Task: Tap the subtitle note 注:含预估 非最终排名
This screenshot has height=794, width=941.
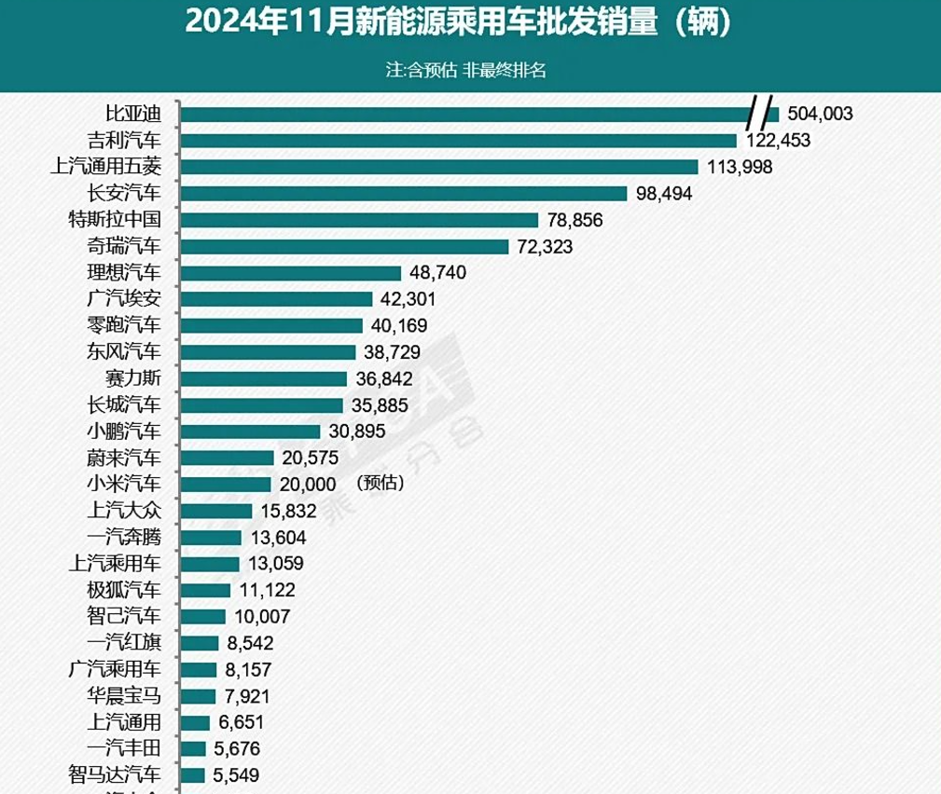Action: click(465, 71)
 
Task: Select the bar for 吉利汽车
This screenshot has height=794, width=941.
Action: click(458, 141)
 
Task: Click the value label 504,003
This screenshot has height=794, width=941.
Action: click(820, 115)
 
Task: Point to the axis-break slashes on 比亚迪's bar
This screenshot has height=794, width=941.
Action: click(762, 114)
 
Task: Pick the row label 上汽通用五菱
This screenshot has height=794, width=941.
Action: click(105, 167)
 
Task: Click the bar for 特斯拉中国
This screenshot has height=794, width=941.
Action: click(359, 220)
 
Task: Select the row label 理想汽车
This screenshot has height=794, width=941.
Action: click(122, 273)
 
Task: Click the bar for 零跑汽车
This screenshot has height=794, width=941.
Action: click(270, 326)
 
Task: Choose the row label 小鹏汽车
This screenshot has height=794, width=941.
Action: click(122, 431)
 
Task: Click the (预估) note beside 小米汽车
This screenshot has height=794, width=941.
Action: click(380, 485)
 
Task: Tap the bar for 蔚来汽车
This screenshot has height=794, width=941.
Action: click(227, 458)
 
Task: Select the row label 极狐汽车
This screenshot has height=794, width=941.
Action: click(122, 590)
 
